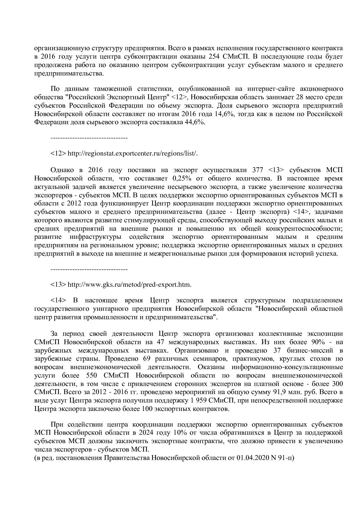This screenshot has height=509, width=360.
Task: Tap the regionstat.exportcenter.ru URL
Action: click(132, 153)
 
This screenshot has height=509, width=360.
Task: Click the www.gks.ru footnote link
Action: click(129, 284)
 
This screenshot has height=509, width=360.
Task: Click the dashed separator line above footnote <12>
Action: click(89, 138)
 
